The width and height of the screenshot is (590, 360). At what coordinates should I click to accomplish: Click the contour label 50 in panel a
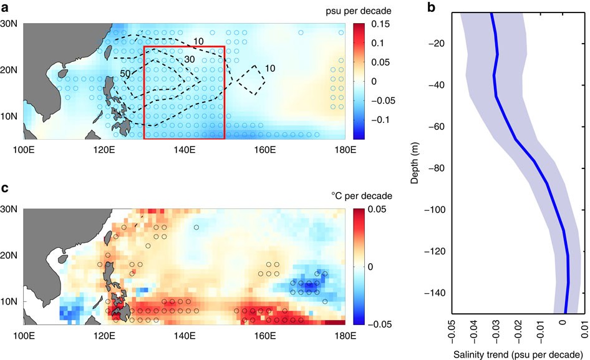point(125,74)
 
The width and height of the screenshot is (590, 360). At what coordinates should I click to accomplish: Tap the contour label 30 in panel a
point(191,59)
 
